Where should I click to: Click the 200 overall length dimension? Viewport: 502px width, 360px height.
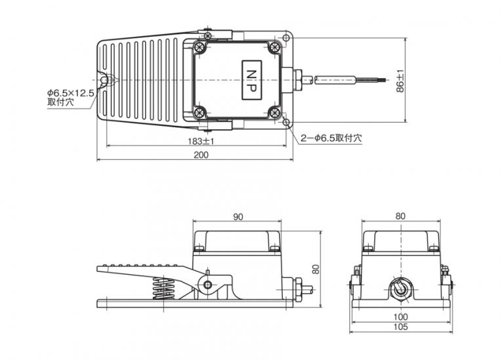[201, 155]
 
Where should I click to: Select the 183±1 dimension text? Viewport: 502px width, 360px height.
[201, 141]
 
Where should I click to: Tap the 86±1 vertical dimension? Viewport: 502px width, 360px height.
[400, 81]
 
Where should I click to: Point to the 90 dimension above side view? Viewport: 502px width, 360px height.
[238, 217]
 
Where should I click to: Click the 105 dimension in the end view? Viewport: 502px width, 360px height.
[400, 327]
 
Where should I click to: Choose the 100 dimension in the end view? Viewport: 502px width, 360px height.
[400, 317]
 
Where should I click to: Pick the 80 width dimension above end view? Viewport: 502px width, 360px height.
[400, 216]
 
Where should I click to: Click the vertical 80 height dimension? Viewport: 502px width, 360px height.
[316, 269]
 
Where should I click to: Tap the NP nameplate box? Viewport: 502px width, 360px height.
[251, 80]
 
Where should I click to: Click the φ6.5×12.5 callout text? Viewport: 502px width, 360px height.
[71, 93]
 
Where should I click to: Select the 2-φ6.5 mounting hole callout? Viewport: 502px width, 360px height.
[331, 138]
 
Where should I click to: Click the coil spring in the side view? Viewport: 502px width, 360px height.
[163, 289]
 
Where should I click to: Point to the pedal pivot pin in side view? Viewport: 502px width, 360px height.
[208, 285]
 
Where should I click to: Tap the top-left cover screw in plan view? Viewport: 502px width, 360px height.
[199, 48]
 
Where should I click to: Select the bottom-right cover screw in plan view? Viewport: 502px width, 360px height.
[274, 112]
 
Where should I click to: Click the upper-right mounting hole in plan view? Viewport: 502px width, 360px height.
[286, 39]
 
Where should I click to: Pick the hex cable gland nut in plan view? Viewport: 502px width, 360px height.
[298, 80]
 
